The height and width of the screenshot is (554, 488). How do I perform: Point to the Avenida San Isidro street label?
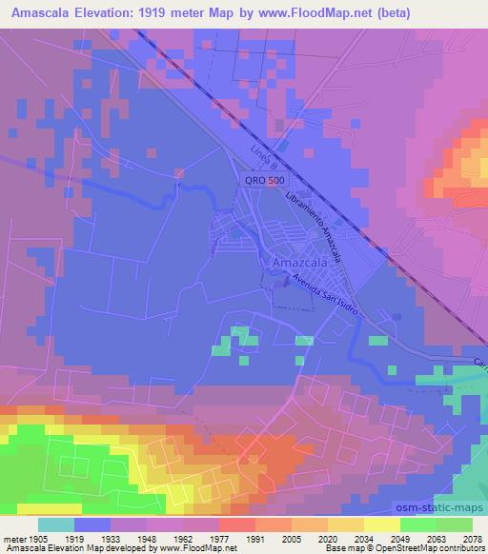pyautogui.click(x=324, y=297)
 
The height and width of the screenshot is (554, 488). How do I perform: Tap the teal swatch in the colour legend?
pyautogui.click(x=57, y=524)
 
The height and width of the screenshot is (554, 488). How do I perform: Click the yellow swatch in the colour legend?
pyautogui.click(x=382, y=524)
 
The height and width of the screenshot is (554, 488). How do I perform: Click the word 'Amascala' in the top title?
pyautogui.click(x=39, y=10)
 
